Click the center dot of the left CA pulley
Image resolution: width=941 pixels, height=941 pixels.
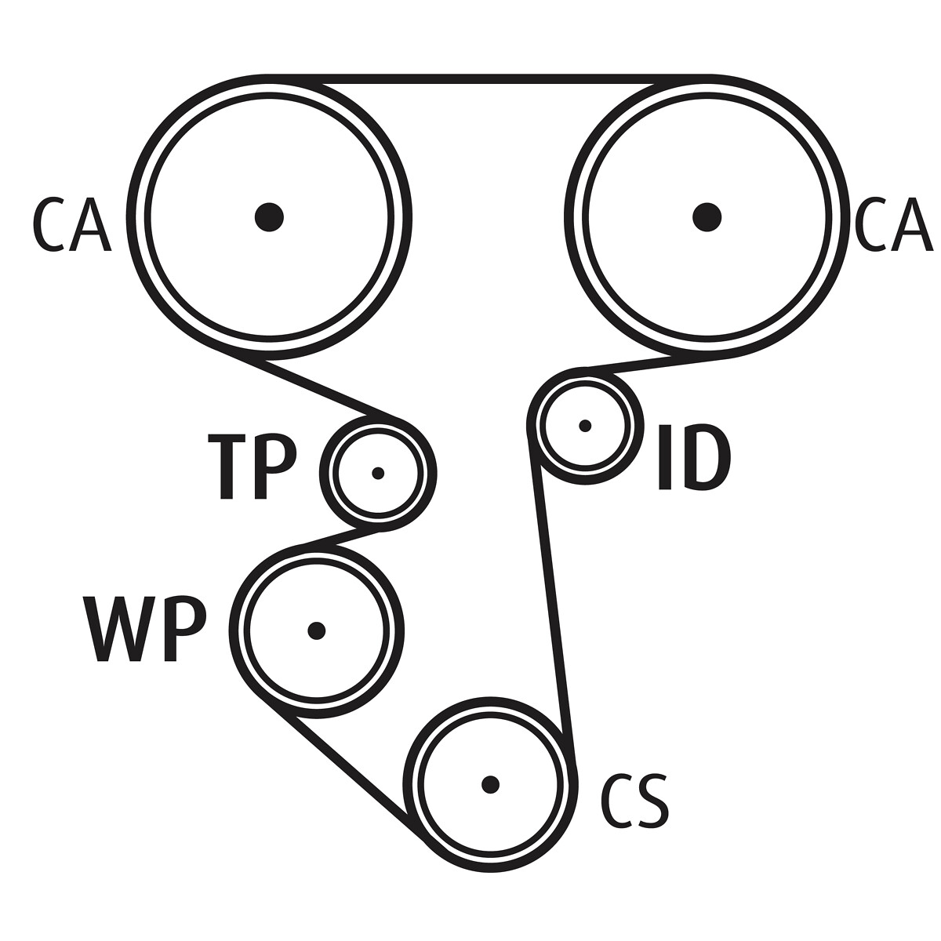(x=269, y=216)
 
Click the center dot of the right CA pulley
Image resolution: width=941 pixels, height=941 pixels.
(x=707, y=216)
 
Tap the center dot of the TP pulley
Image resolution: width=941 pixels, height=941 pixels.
(x=378, y=473)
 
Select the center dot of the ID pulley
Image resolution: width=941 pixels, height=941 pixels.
(x=584, y=426)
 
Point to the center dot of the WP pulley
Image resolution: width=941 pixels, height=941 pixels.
(x=316, y=630)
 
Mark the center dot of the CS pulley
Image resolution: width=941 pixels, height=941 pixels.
(x=490, y=784)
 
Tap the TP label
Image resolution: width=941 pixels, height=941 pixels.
(x=253, y=467)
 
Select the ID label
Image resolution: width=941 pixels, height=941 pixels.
(x=694, y=457)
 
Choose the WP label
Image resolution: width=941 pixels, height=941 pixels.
(x=145, y=630)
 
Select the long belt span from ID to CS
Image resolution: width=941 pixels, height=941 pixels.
(x=551, y=596)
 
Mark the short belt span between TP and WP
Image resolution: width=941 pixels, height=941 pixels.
(x=341, y=536)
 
